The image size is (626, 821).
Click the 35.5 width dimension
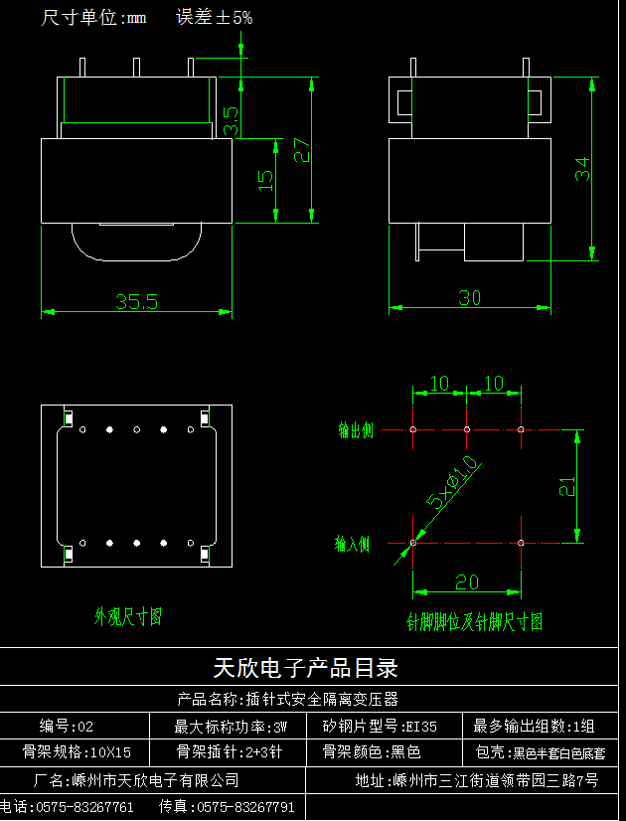point(136,301)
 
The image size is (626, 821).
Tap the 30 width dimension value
point(470,297)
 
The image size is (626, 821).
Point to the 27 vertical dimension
point(302,149)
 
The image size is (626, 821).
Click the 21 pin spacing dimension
point(566,486)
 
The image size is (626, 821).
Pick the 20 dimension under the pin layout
point(467,582)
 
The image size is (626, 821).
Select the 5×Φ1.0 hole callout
point(452,483)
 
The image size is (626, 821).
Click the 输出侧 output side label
point(355,430)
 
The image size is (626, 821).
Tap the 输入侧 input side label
point(352,544)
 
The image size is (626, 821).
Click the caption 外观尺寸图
point(128,617)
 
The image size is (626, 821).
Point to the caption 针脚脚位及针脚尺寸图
point(475,622)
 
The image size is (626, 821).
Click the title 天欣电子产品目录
point(306,667)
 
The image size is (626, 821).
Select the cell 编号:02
point(68,726)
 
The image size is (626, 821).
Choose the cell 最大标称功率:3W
point(232,726)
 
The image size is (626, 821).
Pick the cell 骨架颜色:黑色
point(372,752)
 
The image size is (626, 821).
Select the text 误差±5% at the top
point(215,18)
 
